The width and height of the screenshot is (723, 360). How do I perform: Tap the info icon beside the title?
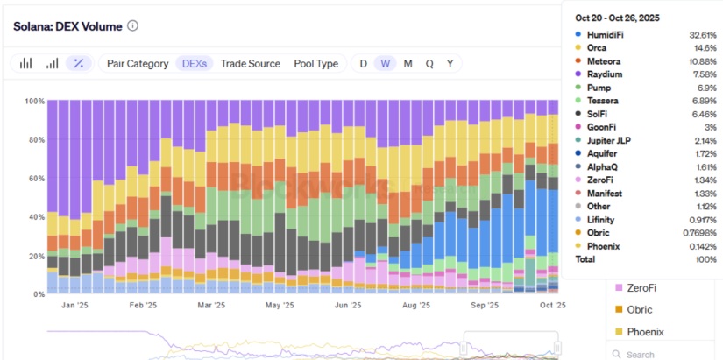[133, 25]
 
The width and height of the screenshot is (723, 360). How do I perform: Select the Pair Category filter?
[138, 63]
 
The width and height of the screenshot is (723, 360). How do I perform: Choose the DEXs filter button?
[194, 63]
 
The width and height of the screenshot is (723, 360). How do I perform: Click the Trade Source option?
[251, 63]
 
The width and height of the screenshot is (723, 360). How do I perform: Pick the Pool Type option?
[315, 63]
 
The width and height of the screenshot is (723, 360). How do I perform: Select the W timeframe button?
[386, 63]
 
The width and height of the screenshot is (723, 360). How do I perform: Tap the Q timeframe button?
[429, 63]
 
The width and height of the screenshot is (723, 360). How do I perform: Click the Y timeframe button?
[450, 63]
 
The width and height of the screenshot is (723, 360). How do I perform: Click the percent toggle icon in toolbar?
[79, 63]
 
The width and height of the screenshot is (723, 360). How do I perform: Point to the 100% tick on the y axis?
[33, 102]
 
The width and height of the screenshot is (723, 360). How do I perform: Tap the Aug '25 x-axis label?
[416, 306]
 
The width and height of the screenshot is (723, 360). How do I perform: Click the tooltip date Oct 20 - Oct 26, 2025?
[617, 18]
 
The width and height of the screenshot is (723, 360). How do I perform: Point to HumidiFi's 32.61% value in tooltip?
[701, 34]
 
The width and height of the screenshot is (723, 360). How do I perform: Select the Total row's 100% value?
[704, 260]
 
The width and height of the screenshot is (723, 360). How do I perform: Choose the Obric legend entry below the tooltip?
[640, 309]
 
